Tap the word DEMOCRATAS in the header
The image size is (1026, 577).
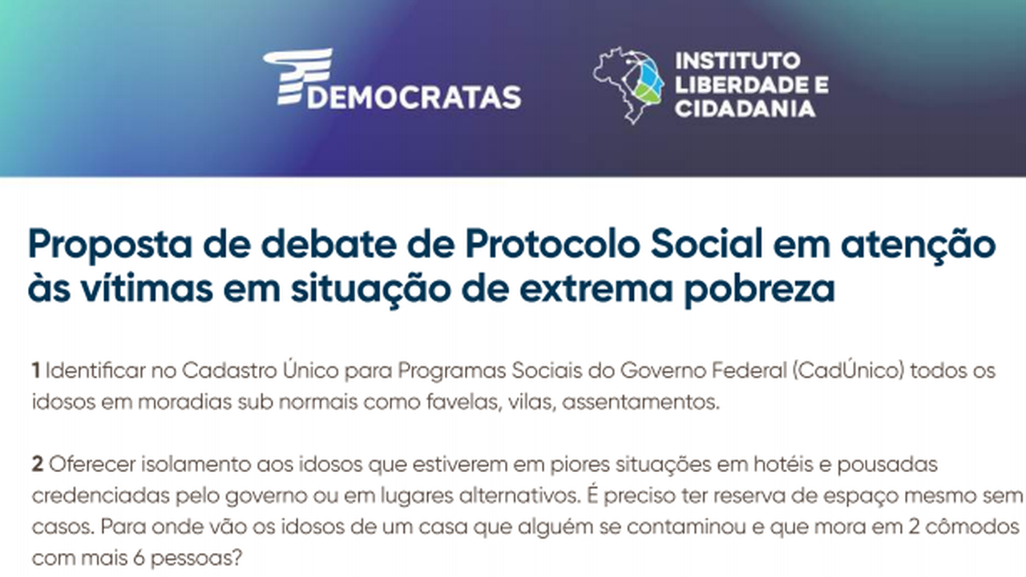[414, 97]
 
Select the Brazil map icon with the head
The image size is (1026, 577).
[628, 86]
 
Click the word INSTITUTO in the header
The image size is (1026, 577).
[738, 61]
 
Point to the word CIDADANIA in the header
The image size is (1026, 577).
[745, 109]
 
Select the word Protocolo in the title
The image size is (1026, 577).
[552, 244]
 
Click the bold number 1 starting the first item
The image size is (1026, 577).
[36, 370]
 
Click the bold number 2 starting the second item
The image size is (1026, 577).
[38, 464]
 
